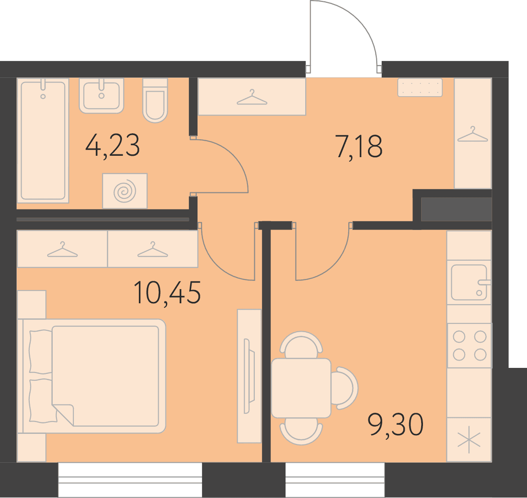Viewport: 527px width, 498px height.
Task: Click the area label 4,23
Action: (x=113, y=146)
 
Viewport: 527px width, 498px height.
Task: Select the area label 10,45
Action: (x=167, y=293)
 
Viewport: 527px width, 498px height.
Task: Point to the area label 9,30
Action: (x=395, y=425)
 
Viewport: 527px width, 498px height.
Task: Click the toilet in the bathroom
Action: (x=155, y=100)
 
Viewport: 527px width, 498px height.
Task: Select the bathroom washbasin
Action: (x=101, y=96)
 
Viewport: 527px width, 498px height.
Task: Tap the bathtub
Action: (x=43, y=141)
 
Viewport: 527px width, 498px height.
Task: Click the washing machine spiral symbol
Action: (x=125, y=191)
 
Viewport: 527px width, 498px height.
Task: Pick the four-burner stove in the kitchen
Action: (x=470, y=345)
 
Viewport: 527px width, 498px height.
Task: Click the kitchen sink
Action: (x=470, y=282)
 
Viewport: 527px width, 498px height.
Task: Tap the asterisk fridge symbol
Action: (x=469, y=441)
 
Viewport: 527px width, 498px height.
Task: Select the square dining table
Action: (x=301, y=388)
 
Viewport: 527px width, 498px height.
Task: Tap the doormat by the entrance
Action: (x=420, y=88)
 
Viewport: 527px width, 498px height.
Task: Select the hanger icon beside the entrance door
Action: (x=252, y=97)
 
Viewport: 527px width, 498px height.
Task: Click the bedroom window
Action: (x=130, y=479)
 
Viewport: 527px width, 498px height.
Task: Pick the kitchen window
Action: (x=335, y=479)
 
